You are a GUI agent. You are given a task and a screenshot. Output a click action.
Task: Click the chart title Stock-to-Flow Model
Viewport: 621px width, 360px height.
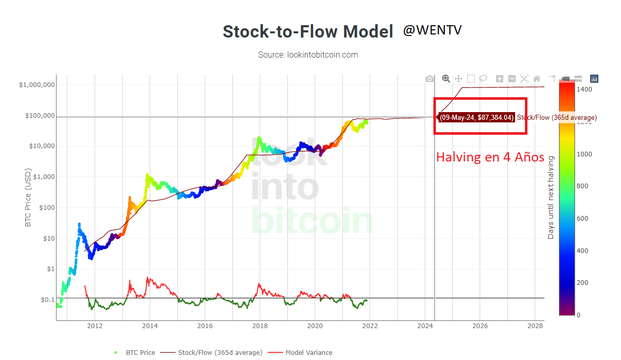[x=308, y=31]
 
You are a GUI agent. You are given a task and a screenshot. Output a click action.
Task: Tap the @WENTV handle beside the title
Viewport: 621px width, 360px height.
[x=432, y=30]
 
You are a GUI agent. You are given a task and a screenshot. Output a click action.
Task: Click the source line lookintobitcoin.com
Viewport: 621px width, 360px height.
[x=308, y=55]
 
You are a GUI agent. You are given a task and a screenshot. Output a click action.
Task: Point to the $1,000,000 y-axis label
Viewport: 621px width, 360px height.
[x=37, y=84]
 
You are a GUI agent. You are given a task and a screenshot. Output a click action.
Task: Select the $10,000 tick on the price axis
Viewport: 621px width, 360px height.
[x=42, y=146]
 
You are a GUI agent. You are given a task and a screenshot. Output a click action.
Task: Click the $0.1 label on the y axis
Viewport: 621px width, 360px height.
[x=48, y=299]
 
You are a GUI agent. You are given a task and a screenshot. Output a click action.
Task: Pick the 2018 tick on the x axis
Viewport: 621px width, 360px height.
[x=260, y=326]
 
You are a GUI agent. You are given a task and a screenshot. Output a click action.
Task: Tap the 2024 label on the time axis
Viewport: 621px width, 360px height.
[x=425, y=326]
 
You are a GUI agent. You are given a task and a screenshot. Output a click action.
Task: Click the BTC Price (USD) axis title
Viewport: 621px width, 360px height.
[x=28, y=197]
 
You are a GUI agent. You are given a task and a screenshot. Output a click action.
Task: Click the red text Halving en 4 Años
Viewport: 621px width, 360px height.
[x=490, y=157]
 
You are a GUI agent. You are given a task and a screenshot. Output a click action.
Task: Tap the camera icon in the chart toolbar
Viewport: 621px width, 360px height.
[x=429, y=79]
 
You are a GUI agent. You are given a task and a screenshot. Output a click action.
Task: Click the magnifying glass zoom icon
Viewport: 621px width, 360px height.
[x=446, y=79]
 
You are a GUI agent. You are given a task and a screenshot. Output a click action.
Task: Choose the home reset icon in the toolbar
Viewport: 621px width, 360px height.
[x=537, y=79]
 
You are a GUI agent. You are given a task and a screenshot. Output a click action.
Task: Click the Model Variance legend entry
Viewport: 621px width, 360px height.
[x=300, y=352]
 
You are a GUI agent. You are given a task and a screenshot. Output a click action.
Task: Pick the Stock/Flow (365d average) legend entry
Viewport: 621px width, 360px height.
[x=211, y=352]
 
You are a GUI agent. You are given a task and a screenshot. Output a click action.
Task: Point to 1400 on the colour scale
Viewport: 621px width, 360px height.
[x=584, y=89]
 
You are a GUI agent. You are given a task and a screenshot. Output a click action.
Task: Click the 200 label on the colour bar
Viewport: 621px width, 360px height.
[x=582, y=283]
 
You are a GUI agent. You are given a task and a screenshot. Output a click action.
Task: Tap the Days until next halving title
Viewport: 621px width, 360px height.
[x=551, y=197]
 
